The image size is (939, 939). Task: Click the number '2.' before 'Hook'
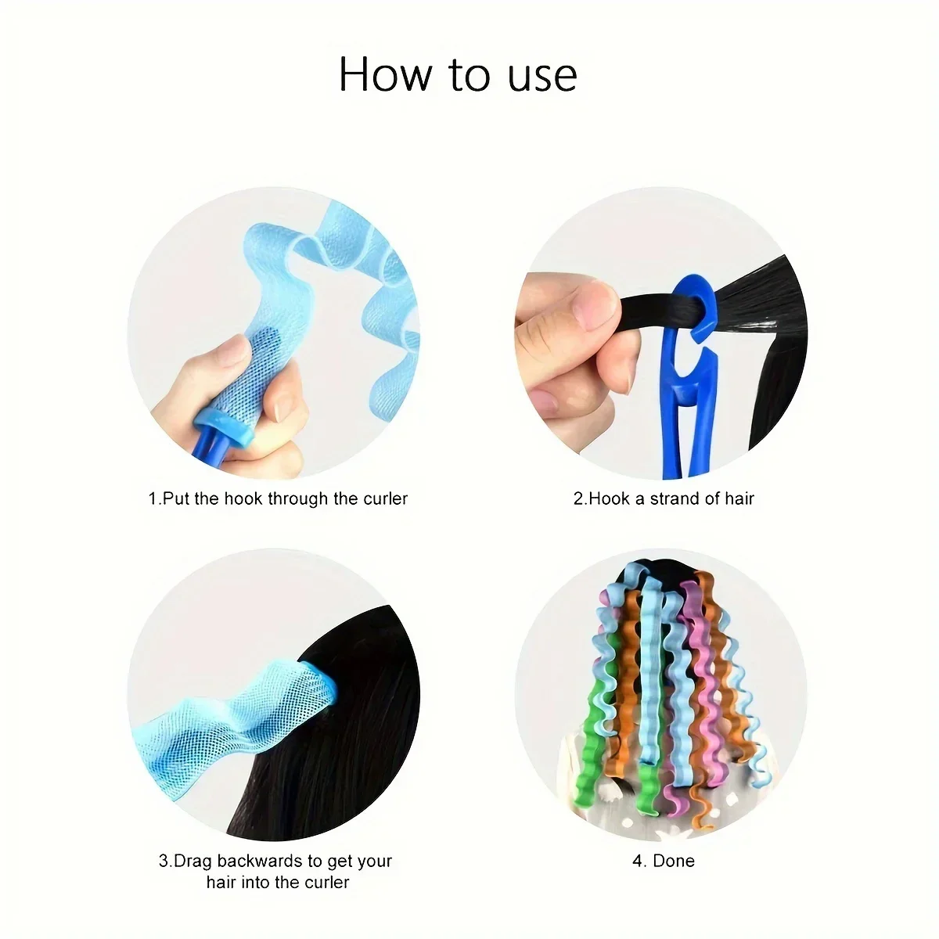point(580,498)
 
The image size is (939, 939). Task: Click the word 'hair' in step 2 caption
point(739,498)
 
